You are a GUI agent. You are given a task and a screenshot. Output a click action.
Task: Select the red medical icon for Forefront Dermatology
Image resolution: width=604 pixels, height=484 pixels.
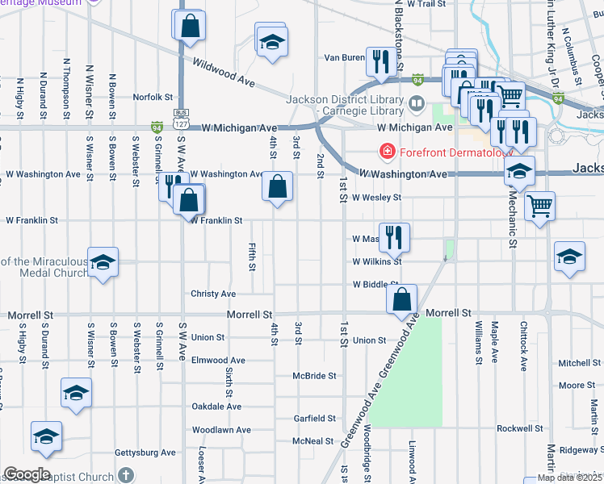[388, 151]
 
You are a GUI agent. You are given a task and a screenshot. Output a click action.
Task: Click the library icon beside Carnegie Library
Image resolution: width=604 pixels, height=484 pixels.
[417, 103]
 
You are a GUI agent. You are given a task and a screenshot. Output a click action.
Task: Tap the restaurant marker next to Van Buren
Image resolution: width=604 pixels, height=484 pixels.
[379, 60]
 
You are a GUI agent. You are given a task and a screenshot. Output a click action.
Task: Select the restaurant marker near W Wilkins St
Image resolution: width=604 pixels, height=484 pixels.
[394, 236]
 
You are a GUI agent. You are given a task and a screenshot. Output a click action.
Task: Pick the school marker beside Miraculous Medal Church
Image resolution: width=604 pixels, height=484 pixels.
[103, 261]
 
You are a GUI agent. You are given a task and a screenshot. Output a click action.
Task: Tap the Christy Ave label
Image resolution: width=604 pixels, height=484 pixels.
[213, 294]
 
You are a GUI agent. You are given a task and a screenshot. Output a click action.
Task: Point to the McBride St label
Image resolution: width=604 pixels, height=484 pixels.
[314, 376]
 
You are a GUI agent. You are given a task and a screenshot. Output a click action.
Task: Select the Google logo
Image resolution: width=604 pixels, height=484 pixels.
[27, 474]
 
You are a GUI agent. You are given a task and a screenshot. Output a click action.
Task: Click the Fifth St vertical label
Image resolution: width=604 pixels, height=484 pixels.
[253, 256]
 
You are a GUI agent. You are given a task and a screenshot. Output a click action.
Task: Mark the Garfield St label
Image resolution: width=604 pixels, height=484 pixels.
[314, 419]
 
